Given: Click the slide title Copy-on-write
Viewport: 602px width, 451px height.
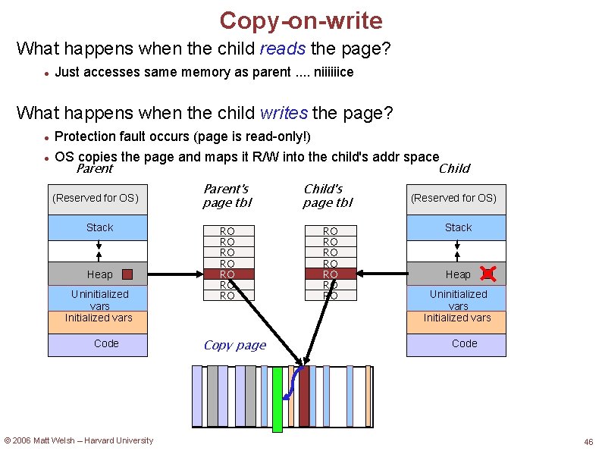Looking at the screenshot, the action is pyautogui.click(x=301, y=20).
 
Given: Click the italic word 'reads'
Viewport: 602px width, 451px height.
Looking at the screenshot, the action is pyautogui.click(x=282, y=49).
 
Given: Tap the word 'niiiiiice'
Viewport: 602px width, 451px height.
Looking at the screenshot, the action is pyautogui.click(x=328, y=73).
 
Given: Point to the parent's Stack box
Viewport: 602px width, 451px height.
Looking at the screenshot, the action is pyautogui.click(x=98, y=227).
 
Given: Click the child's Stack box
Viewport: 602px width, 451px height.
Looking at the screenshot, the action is pyautogui.click(x=456, y=227).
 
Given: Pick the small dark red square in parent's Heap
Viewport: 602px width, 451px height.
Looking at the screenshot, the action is pyautogui.click(x=127, y=274).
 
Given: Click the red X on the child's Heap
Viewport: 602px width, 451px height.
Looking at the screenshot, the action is pyautogui.click(x=488, y=274).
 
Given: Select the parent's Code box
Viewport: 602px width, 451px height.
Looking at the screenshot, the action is pyautogui.click(x=98, y=344).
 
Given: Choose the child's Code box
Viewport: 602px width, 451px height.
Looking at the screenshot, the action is pyautogui.click(x=456, y=344).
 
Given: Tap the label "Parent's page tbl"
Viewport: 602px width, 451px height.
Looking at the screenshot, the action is pyautogui.click(x=227, y=196).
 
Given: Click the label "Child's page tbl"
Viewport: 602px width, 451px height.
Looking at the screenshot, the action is pyautogui.click(x=328, y=196).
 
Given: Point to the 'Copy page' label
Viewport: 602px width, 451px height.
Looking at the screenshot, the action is pyautogui.click(x=235, y=346).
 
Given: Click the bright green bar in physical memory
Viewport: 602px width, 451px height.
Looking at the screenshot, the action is pyautogui.click(x=277, y=399).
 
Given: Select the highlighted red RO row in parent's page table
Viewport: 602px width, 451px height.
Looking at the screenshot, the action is pyautogui.click(x=227, y=274).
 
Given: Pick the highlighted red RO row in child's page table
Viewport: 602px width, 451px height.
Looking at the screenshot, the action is pyautogui.click(x=331, y=274).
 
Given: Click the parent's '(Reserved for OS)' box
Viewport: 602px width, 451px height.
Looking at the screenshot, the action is pyautogui.click(x=96, y=198).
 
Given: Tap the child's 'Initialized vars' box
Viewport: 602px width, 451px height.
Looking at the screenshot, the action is pyautogui.click(x=456, y=318).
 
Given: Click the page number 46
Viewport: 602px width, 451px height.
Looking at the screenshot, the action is pyautogui.click(x=588, y=442).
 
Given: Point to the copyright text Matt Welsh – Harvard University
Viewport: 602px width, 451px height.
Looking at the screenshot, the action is pyautogui.click(x=79, y=440).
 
